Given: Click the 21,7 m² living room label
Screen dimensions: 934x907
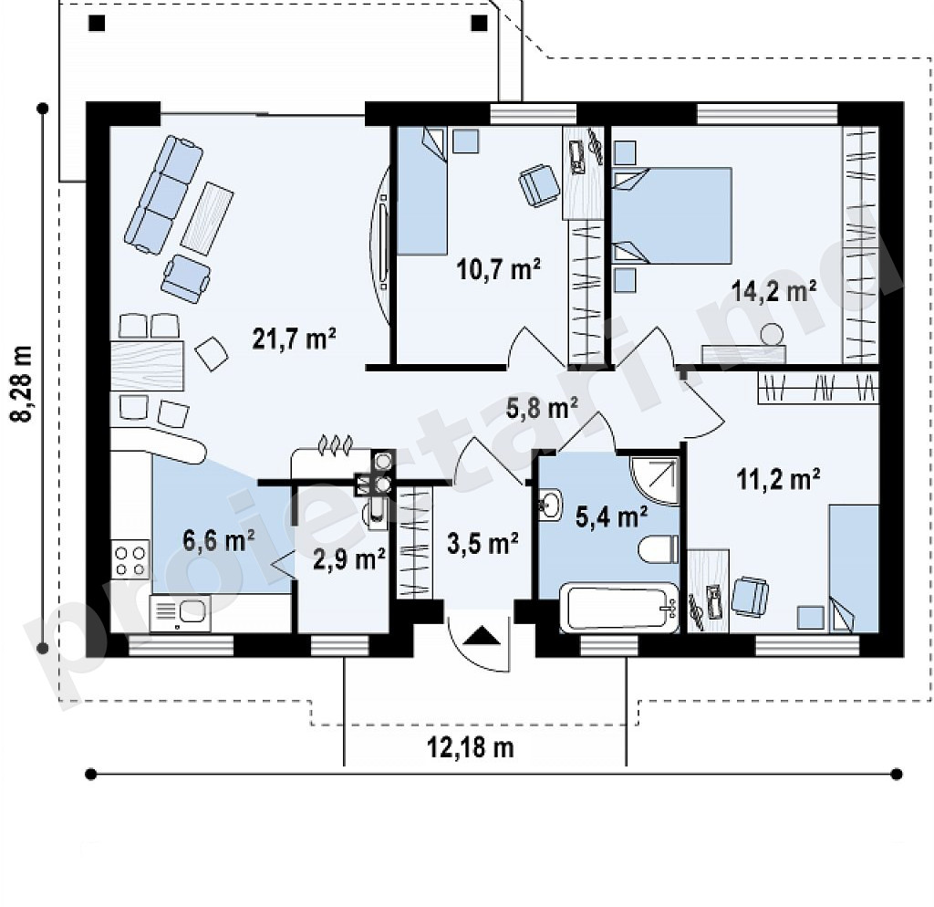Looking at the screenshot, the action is pos(295,339).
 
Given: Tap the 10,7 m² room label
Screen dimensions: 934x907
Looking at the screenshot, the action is pos(499,269).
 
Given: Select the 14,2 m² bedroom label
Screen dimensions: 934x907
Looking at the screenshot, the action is pos(773,292).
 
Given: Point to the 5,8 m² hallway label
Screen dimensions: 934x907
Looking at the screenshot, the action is pos(542,409).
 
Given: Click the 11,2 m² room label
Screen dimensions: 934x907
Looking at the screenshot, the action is pos(779,478).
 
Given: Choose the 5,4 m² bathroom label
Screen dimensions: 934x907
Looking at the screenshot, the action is pos(612,516).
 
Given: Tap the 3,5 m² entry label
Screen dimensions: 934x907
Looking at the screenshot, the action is pos(483,544).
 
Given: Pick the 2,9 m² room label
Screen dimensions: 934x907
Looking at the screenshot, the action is pos(348,559).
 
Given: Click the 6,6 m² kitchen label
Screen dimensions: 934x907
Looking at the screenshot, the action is pos(219,540).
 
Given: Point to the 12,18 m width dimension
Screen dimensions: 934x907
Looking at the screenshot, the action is pos(471,746).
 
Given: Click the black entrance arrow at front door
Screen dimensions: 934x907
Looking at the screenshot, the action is pos(481,636).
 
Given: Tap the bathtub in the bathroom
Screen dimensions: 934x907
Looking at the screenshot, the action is pos(619,608).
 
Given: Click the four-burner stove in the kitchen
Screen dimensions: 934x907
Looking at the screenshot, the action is pos(130,559).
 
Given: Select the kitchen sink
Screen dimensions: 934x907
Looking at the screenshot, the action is pos(179,612).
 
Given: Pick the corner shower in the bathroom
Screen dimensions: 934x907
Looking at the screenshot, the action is pos(655,481).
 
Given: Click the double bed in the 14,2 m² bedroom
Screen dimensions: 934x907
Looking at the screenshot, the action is pos(672,215).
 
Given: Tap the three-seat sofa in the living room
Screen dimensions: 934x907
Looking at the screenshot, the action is pos(164,193).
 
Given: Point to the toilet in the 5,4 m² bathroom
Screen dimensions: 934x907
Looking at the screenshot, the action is pos(659,548).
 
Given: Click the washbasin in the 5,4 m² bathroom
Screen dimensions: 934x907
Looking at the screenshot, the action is pos(550,506).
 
